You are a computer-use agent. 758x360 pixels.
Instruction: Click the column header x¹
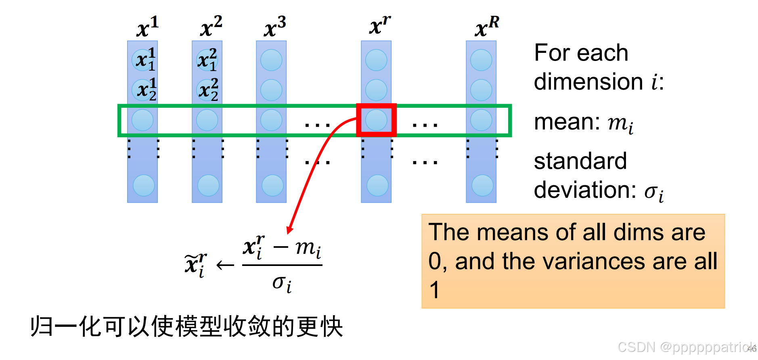[147, 27]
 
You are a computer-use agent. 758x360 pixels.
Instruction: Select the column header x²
[211, 27]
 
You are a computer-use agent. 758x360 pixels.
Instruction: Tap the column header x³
[275, 27]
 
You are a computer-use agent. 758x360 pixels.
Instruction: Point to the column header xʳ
[379, 25]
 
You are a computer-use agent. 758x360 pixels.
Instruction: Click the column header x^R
[486, 27]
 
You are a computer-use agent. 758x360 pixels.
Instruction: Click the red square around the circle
[376, 107]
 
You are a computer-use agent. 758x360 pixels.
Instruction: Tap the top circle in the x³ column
[271, 60]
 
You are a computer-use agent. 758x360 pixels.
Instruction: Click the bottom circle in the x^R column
[482, 186]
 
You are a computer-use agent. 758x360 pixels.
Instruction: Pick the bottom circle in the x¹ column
[143, 186]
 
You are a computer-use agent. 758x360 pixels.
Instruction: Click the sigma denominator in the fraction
[282, 283]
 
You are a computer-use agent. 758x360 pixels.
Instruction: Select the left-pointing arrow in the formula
[225, 265]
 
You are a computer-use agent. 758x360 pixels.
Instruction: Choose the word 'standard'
[580, 161]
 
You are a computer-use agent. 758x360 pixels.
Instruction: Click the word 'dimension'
[588, 82]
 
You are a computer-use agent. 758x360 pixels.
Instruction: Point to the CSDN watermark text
[686, 347]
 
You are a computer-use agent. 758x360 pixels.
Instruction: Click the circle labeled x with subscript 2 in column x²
[207, 90]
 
